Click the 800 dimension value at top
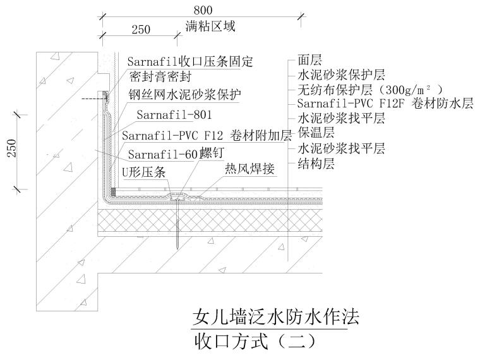click(201, 9)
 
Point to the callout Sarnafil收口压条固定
click(189, 61)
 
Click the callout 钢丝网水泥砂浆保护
click(186, 95)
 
